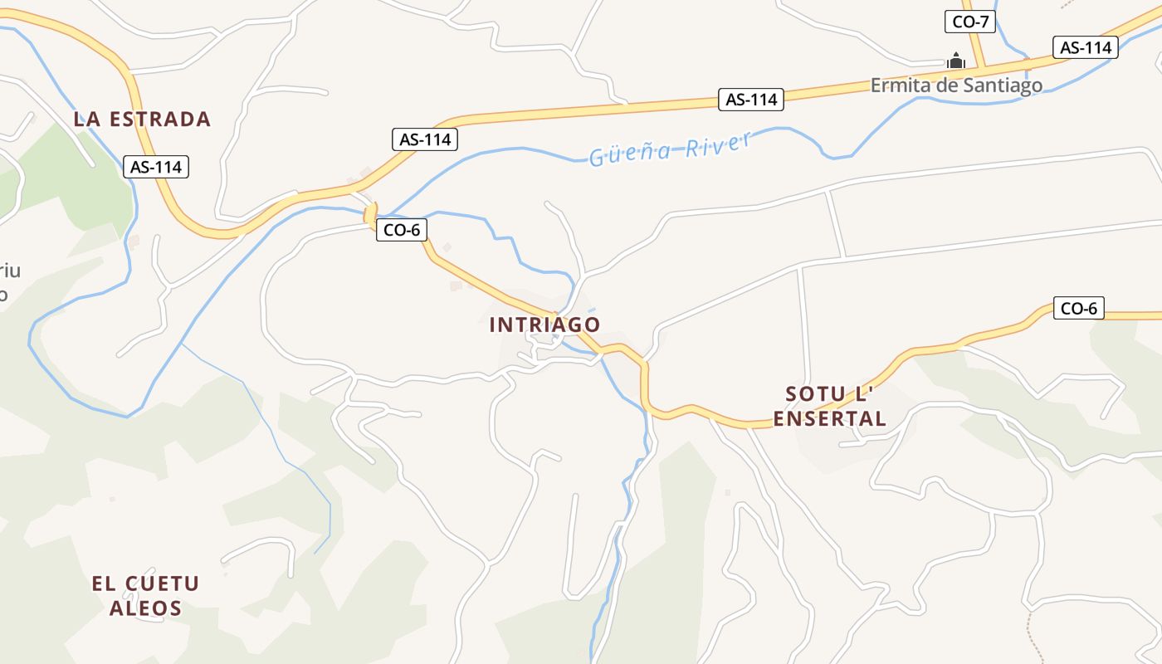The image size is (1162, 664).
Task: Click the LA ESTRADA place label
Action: click(x=142, y=119)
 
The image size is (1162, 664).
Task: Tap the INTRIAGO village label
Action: click(x=544, y=325)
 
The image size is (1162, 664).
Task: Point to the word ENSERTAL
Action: click(x=830, y=419)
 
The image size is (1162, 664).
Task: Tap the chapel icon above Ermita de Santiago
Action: click(x=956, y=61)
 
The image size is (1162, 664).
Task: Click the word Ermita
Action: click(x=896, y=85)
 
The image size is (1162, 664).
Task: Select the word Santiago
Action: click(x=1003, y=85)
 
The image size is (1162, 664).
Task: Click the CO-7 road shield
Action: click(x=969, y=22)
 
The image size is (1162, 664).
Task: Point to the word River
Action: click(x=719, y=143)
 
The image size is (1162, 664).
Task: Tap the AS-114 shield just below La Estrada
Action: click(x=156, y=167)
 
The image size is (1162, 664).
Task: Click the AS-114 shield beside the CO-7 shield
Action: click(x=1085, y=47)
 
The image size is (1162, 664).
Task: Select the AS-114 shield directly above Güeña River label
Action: click(x=751, y=100)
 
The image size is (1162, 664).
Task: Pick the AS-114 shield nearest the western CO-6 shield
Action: click(x=425, y=139)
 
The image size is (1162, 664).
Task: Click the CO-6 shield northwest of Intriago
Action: click(x=402, y=230)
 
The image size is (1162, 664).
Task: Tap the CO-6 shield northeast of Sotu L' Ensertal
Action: click(x=1078, y=309)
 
